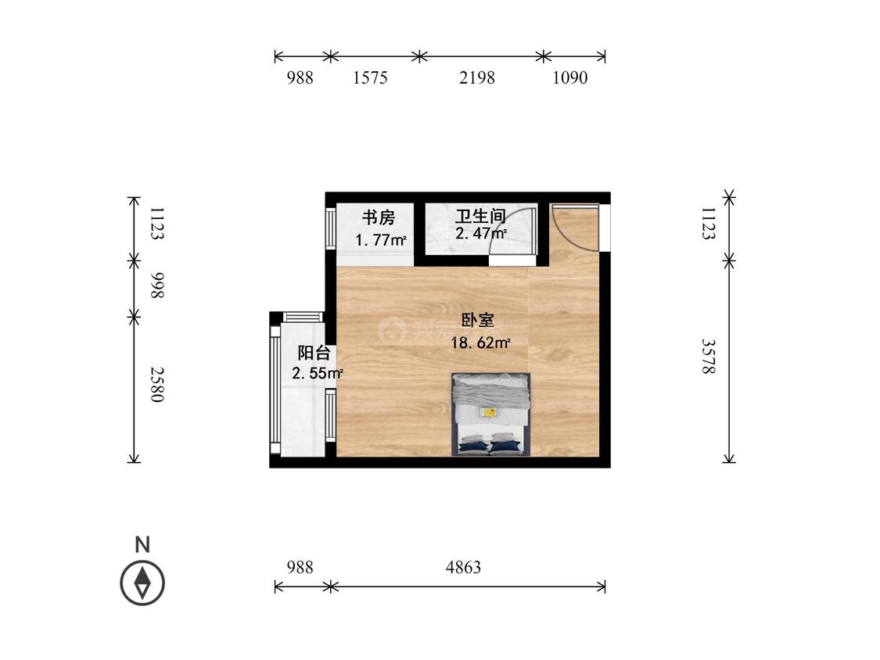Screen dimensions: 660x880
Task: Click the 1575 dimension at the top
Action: pyautogui.click(x=370, y=78)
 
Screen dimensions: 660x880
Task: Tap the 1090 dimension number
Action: pyautogui.click(x=569, y=78)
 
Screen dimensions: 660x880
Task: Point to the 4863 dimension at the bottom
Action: pyautogui.click(x=463, y=568)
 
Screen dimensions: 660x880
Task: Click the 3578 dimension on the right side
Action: pyautogui.click(x=708, y=356)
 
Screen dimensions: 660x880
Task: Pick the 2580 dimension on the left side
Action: pyautogui.click(x=156, y=384)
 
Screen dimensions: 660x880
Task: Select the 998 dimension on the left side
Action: pyautogui.click(x=156, y=286)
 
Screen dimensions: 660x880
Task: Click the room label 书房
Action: pyautogui.click(x=378, y=217)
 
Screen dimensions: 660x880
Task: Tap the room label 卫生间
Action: pyautogui.click(x=480, y=217)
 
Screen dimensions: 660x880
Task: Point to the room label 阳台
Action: pyautogui.click(x=313, y=353)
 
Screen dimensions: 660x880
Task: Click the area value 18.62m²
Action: pyautogui.click(x=480, y=342)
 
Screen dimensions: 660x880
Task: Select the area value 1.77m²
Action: pyautogui.click(x=380, y=239)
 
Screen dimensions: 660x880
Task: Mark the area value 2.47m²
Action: pyautogui.click(x=480, y=234)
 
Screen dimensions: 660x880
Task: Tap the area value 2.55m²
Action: pyautogui.click(x=317, y=374)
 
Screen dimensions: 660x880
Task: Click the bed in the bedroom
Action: pyautogui.click(x=490, y=414)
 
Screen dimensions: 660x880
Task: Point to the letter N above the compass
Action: pyautogui.click(x=142, y=545)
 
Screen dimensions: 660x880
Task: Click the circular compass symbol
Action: pyautogui.click(x=142, y=583)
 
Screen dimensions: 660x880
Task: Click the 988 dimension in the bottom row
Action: pyautogui.click(x=300, y=568)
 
